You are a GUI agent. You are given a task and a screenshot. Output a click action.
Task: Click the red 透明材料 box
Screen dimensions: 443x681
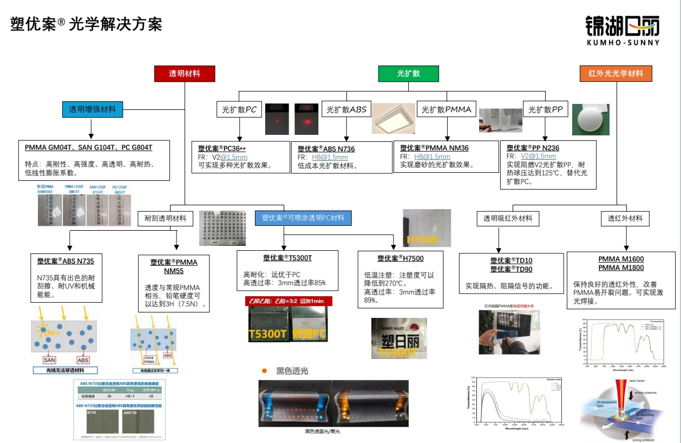[185, 74]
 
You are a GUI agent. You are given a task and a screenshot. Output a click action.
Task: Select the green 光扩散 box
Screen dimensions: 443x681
[408, 74]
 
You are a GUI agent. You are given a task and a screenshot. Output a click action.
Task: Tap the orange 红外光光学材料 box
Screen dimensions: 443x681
[616, 74]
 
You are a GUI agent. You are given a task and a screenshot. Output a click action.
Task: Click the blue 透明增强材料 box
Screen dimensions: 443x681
[92, 109]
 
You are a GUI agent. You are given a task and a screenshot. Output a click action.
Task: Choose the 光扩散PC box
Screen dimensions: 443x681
[239, 109]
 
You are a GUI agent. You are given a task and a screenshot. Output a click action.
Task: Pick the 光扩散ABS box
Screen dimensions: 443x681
[346, 109]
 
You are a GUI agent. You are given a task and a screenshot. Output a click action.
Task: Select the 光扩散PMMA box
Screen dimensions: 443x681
[447, 109]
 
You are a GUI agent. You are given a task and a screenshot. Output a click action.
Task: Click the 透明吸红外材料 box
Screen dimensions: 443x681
[507, 218]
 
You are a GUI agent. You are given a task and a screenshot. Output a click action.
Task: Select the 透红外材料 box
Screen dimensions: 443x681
[625, 218]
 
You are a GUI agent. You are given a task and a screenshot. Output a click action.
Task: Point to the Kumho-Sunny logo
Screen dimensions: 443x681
[622, 30]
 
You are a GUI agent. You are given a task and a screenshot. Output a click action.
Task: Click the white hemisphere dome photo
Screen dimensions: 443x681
[591, 119]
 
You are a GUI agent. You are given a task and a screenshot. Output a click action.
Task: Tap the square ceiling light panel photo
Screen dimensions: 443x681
[394, 118]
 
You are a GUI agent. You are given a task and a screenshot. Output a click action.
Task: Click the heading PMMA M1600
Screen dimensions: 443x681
[621, 259]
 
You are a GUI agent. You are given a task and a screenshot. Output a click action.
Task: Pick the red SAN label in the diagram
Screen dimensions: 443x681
[49, 360]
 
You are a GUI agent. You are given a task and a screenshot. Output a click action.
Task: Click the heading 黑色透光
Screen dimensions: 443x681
[292, 371]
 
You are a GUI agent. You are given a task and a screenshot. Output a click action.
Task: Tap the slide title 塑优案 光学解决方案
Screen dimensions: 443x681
[87, 24]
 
